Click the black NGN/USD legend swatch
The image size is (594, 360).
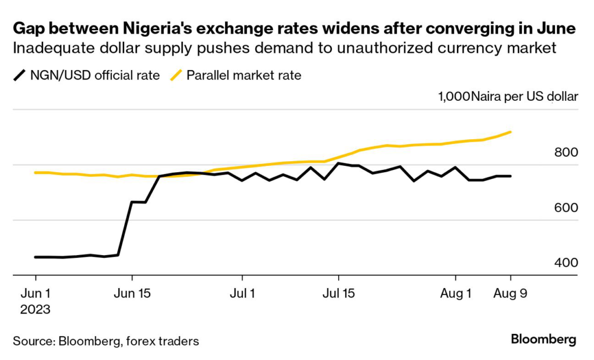point(20,75)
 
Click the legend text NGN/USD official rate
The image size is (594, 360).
point(95,75)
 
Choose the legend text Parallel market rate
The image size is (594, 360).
point(244,75)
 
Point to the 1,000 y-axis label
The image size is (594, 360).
point(454,97)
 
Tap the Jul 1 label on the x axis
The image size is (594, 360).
point(241,293)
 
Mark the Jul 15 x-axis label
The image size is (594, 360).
point(338,293)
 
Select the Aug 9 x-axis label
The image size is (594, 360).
point(510,293)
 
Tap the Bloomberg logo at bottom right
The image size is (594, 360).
point(544,340)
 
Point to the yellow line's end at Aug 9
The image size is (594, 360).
point(510,132)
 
